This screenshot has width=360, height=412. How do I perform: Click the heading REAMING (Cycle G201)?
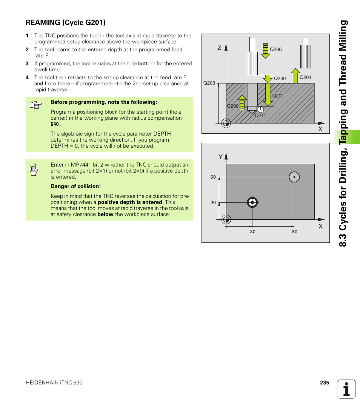pos(65,23)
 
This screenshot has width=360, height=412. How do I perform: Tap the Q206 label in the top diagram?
pos(276,49)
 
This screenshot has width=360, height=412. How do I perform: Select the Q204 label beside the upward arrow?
pos(305,77)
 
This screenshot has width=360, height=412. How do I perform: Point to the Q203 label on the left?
pos(209,83)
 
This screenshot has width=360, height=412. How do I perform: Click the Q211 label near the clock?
pos(260,116)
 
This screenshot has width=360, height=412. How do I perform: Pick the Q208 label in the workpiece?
pos(232,106)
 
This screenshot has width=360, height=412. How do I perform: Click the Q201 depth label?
pos(278,96)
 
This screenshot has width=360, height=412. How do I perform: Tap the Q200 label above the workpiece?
pos(280,79)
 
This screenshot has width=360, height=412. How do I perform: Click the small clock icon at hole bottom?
pos(260,109)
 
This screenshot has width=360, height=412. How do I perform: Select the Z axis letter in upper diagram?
pos(219,48)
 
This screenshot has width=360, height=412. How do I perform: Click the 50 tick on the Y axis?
pos(213,177)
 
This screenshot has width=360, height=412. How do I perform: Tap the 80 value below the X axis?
pos(295,231)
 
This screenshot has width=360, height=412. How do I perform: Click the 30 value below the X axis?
pos(252,231)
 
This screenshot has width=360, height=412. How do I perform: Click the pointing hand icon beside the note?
pos(35,105)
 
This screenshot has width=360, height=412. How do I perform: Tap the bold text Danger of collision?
pos(75,186)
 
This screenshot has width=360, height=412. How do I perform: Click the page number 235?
pos(325,383)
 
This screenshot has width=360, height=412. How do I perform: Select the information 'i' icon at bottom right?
pos(346,389)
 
